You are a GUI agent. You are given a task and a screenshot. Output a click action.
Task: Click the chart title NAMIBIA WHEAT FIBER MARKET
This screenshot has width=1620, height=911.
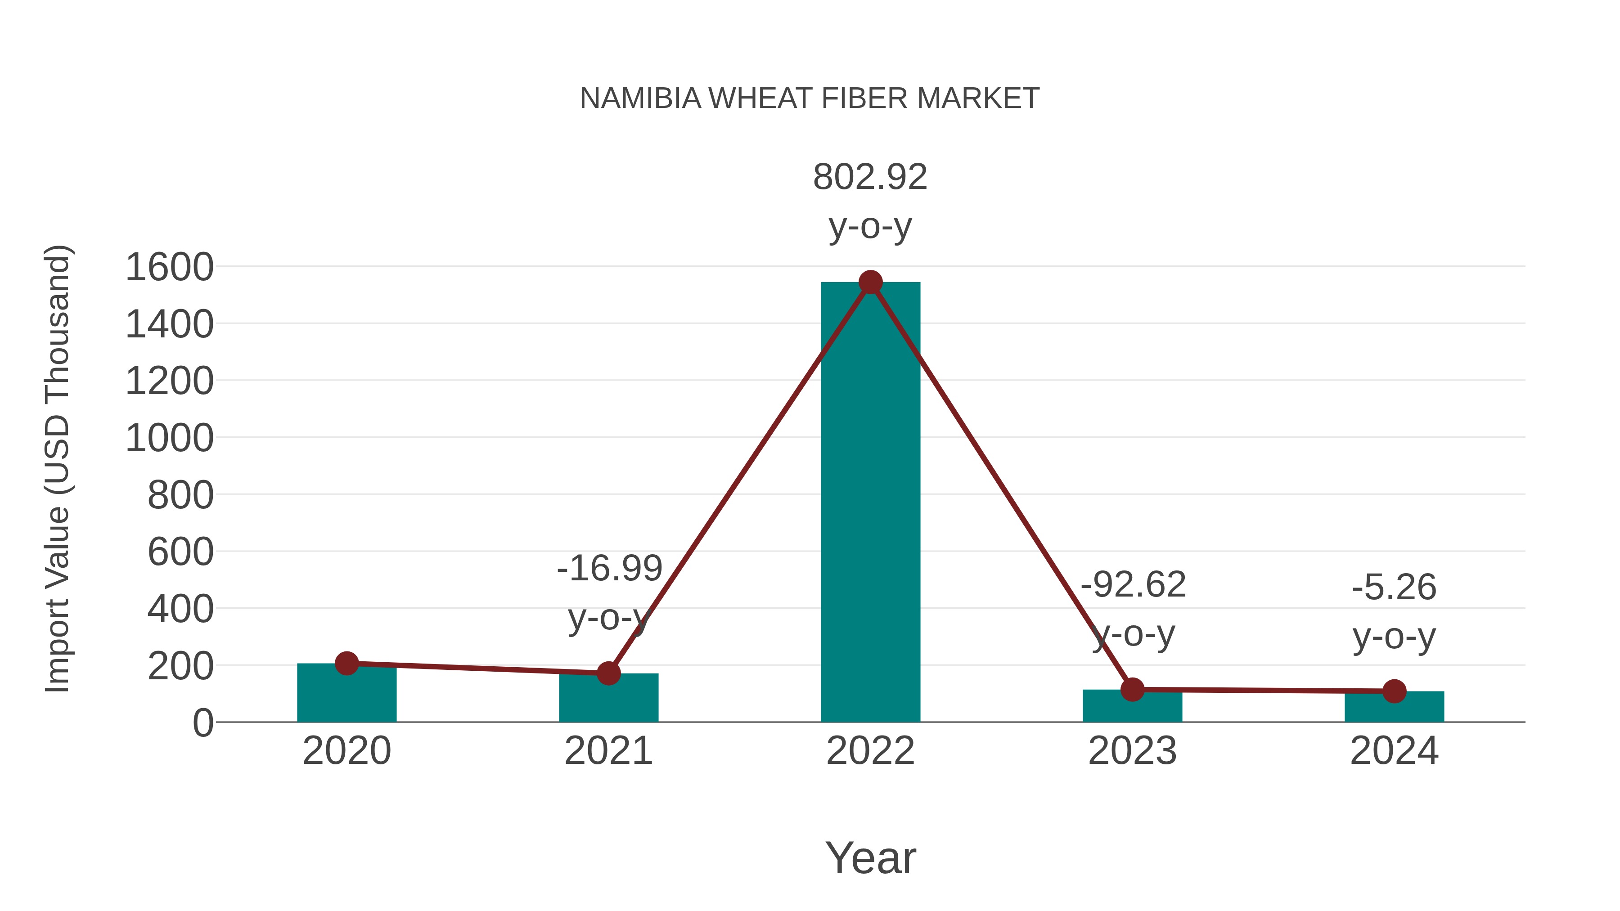810,99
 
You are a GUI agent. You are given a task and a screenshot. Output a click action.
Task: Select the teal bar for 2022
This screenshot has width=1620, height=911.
870,503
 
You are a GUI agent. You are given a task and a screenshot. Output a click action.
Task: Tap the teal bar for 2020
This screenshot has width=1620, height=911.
346,694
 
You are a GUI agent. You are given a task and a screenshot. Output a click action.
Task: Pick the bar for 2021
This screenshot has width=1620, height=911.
608,699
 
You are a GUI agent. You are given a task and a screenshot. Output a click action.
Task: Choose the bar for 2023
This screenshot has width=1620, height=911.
1132,707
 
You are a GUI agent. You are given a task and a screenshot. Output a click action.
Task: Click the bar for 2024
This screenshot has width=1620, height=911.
1394,708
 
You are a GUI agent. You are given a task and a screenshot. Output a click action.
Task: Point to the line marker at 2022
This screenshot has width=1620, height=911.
870,282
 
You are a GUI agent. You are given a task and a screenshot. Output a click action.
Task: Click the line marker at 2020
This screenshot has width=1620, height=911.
346,663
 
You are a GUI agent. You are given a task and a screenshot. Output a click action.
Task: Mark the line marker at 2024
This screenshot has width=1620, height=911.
1394,691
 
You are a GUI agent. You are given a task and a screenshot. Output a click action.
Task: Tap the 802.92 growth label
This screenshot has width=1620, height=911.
870,177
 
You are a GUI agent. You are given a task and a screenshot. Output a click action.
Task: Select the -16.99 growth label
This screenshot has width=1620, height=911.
609,569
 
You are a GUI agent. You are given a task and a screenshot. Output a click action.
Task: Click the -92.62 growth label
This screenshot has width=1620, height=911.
1133,585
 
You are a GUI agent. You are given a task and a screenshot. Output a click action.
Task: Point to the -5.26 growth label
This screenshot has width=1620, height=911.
1394,588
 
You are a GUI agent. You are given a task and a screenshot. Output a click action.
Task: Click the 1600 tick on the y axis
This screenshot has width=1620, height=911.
170,267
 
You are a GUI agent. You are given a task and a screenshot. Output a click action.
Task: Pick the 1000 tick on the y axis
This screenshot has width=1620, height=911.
170,438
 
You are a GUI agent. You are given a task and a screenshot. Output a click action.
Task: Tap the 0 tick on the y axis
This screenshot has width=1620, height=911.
203,723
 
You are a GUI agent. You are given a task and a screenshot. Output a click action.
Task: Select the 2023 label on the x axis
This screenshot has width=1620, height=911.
1132,751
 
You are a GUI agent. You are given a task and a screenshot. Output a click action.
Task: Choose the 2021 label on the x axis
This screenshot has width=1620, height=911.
608,751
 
